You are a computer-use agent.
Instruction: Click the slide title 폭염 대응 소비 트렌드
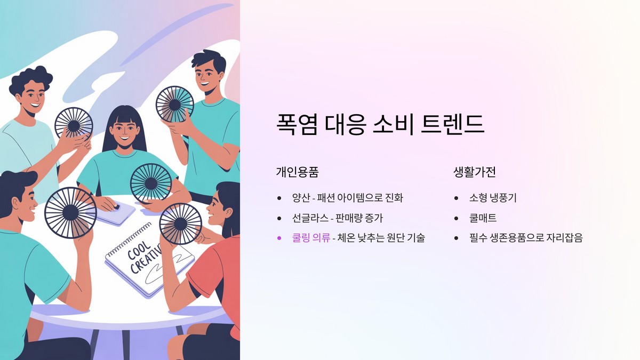pos(380,124)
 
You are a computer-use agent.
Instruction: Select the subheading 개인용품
pos(297,172)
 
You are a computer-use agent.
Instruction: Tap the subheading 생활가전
pos(475,172)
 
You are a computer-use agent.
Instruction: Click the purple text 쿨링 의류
pos(311,238)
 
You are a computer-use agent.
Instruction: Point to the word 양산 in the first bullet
pos(300,198)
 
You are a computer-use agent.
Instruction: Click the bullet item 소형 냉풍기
pos(493,198)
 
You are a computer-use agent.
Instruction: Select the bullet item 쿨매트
pos(483,218)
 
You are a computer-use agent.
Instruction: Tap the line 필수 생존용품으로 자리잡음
pos(526,238)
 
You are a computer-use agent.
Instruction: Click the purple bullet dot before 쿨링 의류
pos(279,238)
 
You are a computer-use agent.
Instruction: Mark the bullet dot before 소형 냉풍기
pos(457,198)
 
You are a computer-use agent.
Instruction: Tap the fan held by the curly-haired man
pos(74,123)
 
